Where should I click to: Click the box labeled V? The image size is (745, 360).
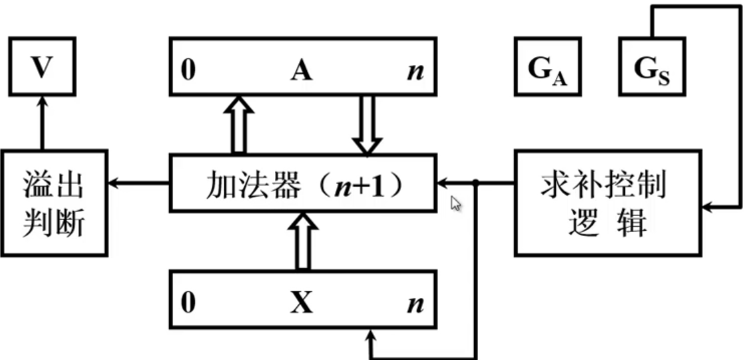click(x=42, y=67)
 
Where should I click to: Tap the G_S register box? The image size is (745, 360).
click(x=653, y=67)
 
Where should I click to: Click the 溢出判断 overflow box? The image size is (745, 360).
click(x=54, y=203)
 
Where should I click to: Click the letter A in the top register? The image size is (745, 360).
click(x=301, y=70)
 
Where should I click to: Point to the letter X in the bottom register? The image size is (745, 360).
click(x=301, y=303)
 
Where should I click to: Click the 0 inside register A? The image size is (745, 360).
click(x=189, y=70)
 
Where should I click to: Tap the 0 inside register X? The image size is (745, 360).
click(x=189, y=303)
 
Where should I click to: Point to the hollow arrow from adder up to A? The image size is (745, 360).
click(x=239, y=124)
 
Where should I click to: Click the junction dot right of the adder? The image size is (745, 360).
click(x=475, y=182)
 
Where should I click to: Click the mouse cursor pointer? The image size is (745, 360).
click(x=457, y=203)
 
